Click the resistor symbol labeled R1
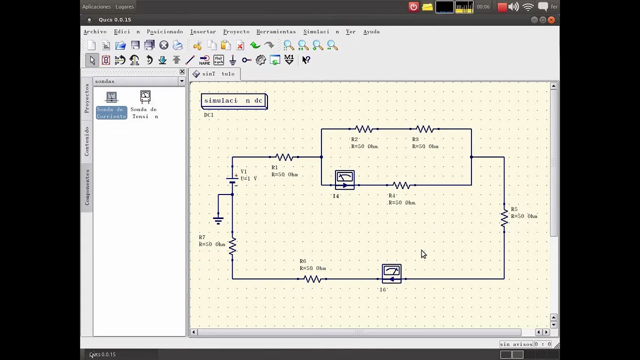coord(284,157)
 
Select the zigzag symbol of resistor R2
coord(363,129)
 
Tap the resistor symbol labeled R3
coord(424,129)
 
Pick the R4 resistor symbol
coord(401,185)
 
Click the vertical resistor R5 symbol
coord(504,218)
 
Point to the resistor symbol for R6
coord(312,279)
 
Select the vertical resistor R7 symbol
coord(232,246)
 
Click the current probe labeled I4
coord(345,180)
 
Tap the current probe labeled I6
coord(391,273)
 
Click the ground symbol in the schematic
coord(218,219)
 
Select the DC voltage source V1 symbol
coord(232,178)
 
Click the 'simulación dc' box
coord(234,101)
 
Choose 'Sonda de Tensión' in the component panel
coord(145,105)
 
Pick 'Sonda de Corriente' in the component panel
coord(111,105)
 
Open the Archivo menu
coord(95,31)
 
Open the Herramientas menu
coord(276,31)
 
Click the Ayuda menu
coord(371,31)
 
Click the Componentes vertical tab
coord(87,187)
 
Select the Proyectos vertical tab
coord(87,98)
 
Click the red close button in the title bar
coord(551,19)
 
